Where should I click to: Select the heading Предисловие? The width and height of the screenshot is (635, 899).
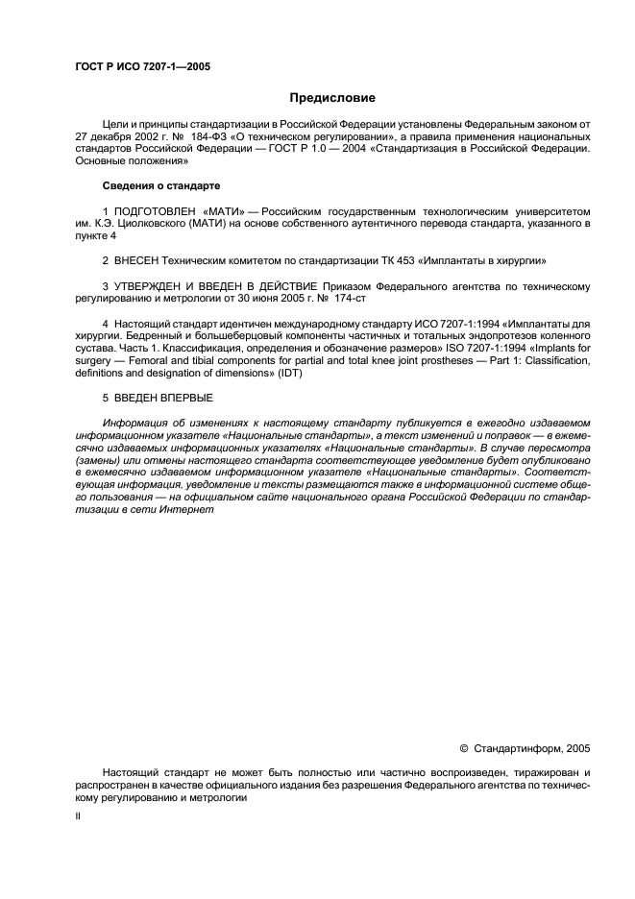click(x=333, y=98)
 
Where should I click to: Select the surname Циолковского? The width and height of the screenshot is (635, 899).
click(x=154, y=223)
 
